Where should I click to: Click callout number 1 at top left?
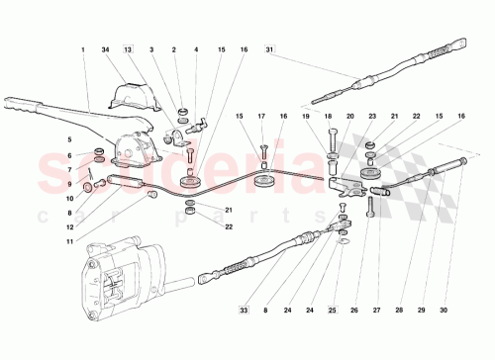click(x=84, y=49)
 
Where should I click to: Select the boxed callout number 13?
click(x=128, y=49)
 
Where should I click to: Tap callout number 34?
click(x=105, y=49)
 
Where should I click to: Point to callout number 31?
click(x=268, y=49)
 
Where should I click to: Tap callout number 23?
click(x=370, y=118)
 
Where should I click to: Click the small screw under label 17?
click(x=264, y=151)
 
